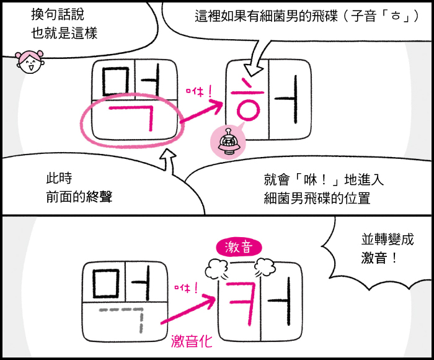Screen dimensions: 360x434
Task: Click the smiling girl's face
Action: click(29, 62)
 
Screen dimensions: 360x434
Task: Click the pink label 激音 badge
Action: click(238, 248)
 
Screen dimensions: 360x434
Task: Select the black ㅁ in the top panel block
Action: click(113, 79)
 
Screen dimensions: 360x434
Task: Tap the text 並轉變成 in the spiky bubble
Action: click(387, 239)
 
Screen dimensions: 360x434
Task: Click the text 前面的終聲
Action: click(79, 197)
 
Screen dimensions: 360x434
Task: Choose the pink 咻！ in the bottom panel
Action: click(186, 287)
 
